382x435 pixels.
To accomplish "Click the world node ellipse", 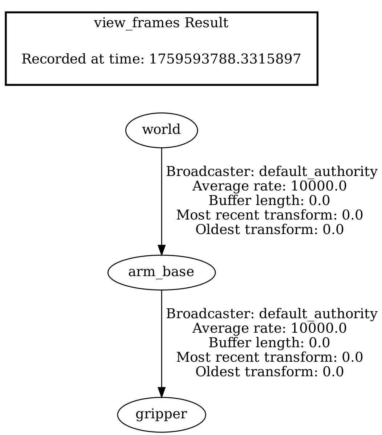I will coord(161,130).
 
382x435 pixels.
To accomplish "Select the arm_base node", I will coord(161,272).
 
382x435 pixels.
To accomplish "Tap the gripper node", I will coord(161,415).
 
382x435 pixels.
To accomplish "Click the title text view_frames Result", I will coord(161,24).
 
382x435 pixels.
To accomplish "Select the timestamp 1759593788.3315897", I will coord(225,59).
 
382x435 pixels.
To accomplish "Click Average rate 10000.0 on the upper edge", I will coord(269,186).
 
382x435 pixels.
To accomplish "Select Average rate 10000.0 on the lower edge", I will coord(269,328).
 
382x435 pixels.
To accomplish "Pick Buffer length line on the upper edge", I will coord(269,201).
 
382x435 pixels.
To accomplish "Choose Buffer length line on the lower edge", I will coord(269,343).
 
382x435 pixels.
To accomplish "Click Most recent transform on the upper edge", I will coord(269,215).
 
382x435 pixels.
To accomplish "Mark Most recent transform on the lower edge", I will coord(269,357).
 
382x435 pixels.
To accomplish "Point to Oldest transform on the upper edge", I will coord(269,230).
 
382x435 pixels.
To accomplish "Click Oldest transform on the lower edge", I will coord(269,372).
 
